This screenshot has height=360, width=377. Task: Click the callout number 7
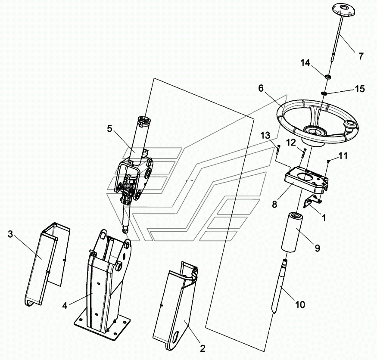pyautogui.click(x=361, y=56)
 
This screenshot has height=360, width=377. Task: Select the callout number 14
pyautogui.click(x=305, y=63)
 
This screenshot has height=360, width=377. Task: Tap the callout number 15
pyautogui.click(x=360, y=89)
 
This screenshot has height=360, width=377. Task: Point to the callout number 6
pyautogui.click(x=261, y=88)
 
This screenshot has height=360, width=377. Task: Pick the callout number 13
pyautogui.click(x=265, y=135)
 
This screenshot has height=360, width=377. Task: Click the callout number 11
pyautogui.click(x=343, y=156)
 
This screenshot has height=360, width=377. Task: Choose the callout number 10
pyautogui.click(x=300, y=305)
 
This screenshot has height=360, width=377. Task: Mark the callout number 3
pyautogui.click(x=10, y=234)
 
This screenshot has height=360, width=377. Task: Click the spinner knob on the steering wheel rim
pyautogui.click(x=351, y=126)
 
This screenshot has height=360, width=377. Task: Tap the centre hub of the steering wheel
pyautogui.click(x=315, y=131)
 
